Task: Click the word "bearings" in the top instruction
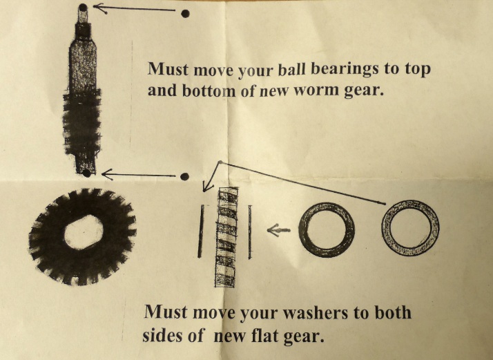coord(344,69)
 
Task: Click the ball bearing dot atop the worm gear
coord(83,8)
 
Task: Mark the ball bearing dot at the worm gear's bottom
coord(87,173)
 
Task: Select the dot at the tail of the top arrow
coord(186,14)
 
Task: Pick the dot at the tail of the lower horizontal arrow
coord(185,176)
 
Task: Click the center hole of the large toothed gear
coord(84,233)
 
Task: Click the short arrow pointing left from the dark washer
coord(278,230)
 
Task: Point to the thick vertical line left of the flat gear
coord(201,231)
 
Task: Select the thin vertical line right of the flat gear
coord(250,232)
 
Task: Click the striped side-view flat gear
coord(226,237)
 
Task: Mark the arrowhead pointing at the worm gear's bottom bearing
coord(107,174)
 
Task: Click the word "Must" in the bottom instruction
coord(166,312)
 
